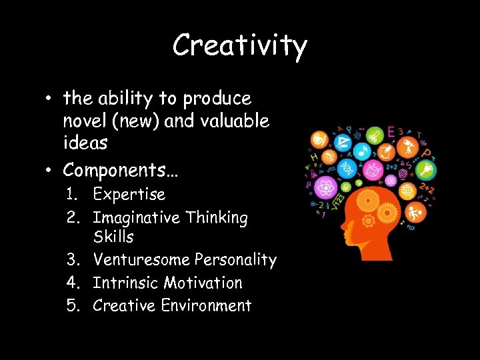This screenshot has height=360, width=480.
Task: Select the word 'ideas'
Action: tap(85, 143)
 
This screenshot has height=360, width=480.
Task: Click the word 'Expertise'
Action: tap(129, 195)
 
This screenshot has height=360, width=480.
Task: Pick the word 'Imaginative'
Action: tap(136, 217)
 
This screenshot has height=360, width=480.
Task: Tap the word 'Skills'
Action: tap(113, 237)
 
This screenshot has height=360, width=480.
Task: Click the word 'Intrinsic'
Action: tap(121, 283)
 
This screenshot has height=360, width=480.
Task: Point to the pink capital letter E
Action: tap(391, 131)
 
